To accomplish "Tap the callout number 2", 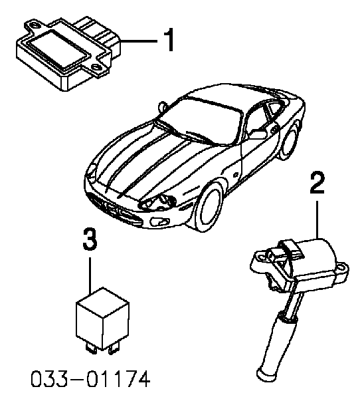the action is click(x=317, y=183).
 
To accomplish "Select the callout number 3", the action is click(x=90, y=239).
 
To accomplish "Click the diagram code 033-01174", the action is click(x=90, y=378).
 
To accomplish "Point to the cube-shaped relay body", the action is click(x=103, y=319).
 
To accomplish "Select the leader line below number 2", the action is click(x=317, y=219).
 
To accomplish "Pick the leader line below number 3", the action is click(x=90, y=275).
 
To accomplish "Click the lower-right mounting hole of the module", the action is click(x=96, y=67).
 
